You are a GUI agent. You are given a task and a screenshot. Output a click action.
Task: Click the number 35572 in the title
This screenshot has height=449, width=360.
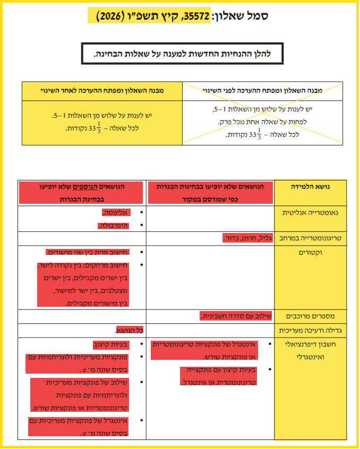(x=197, y=16)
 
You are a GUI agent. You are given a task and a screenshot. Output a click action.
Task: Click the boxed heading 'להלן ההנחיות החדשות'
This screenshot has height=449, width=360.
(x=182, y=54)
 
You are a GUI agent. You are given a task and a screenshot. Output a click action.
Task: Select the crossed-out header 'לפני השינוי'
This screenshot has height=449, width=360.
(x=262, y=91)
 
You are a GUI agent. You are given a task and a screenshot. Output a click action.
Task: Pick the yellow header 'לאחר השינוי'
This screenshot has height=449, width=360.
(x=102, y=91)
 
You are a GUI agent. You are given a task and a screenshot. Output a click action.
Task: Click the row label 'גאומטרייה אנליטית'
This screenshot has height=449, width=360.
(x=310, y=213)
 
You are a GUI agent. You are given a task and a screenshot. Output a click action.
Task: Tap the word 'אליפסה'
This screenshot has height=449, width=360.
(x=116, y=212)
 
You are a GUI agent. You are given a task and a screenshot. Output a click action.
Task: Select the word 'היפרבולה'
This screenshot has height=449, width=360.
(x=113, y=226)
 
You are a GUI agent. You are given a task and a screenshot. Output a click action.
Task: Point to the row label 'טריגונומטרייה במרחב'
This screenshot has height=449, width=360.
(x=310, y=238)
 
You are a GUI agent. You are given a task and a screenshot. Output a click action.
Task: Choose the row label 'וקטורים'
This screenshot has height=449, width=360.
(x=310, y=253)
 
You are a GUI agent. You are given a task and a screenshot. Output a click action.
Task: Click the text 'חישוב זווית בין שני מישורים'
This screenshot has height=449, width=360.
(x=88, y=252)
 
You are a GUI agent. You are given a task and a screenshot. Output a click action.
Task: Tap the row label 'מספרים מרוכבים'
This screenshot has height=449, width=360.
(x=310, y=316)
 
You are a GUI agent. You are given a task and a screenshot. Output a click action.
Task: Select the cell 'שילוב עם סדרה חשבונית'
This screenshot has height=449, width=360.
(x=236, y=316)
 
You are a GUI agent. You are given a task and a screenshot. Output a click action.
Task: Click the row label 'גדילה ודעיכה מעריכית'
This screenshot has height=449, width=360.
(x=310, y=331)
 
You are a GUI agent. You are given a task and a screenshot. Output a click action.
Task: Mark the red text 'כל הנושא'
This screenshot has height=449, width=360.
(x=130, y=331)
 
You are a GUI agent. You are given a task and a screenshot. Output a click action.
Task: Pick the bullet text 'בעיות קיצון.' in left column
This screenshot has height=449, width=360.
(x=111, y=344)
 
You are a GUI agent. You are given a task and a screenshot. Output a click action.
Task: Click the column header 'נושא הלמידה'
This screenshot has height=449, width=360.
(x=310, y=187)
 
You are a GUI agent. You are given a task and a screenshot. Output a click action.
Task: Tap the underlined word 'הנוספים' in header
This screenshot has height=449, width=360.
(x=85, y=187)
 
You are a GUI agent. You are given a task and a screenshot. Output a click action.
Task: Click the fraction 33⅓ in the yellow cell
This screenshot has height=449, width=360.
(x=95, y=128)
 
